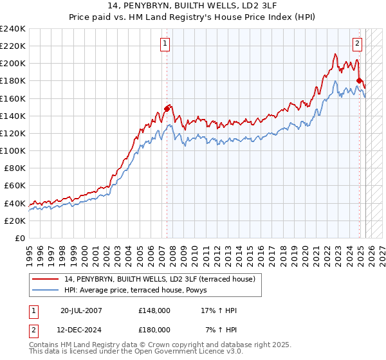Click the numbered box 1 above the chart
coord(165,44)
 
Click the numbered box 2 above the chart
coord(357,44)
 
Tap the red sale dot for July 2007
coord(167,109)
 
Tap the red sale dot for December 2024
coord(359,80)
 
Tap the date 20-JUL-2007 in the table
coord(81,310)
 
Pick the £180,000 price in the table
coord(154,329)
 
